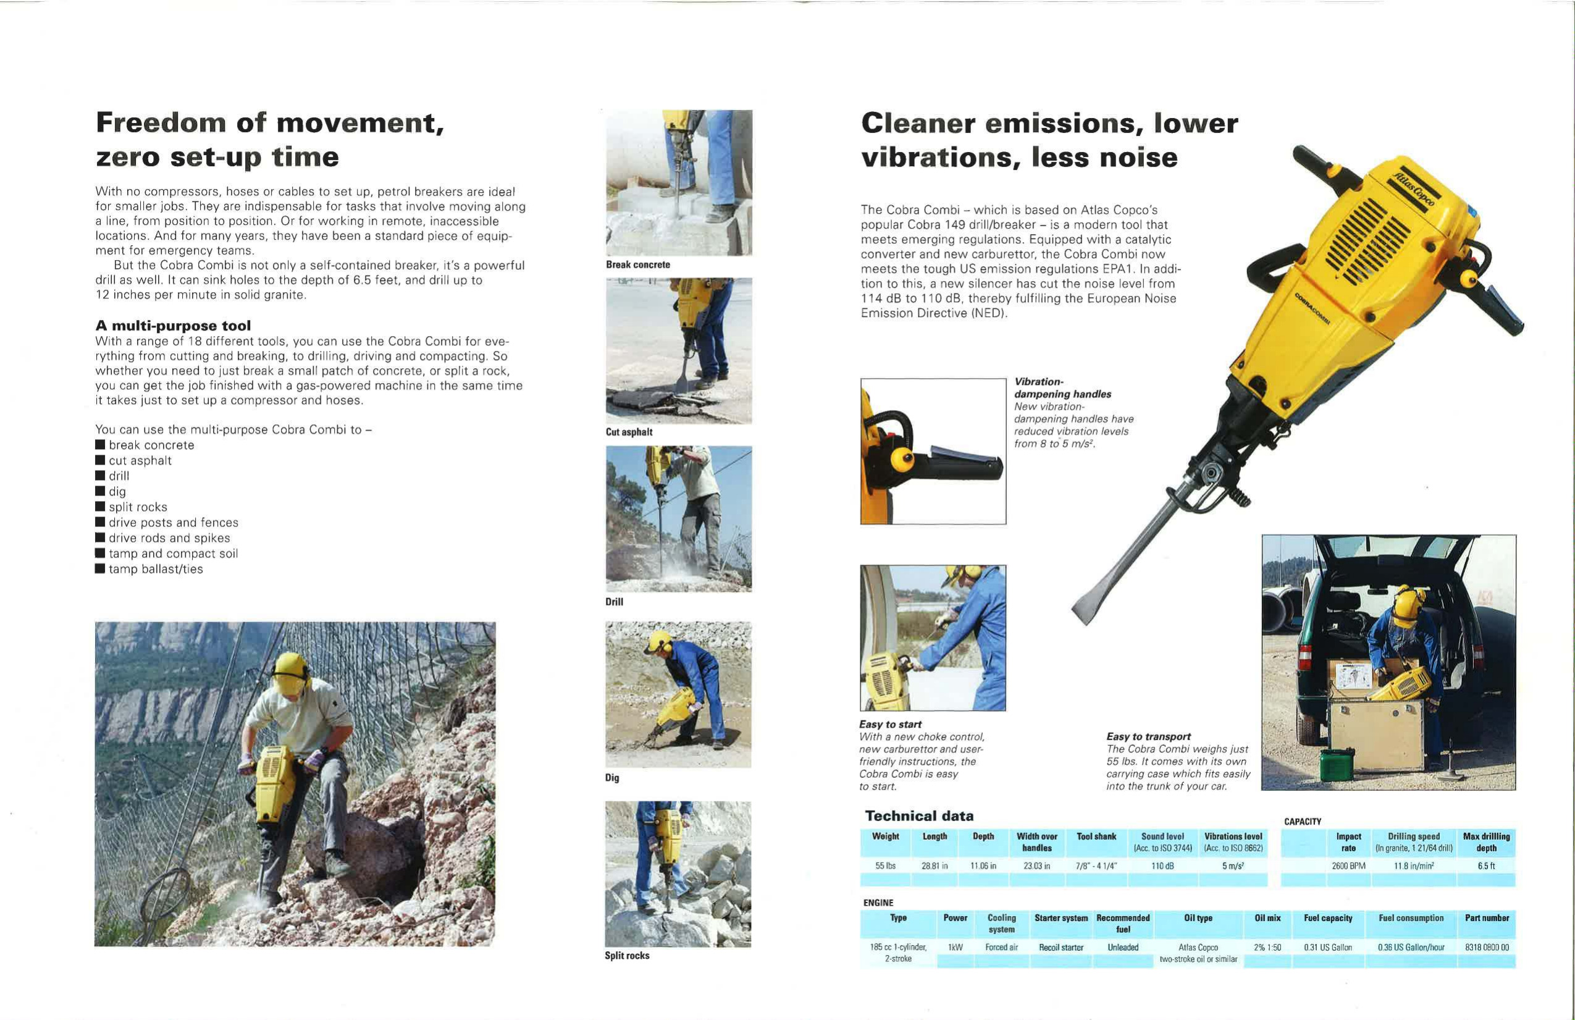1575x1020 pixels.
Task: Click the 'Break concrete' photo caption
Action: coord(637,265)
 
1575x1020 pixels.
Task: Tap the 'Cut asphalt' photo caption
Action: coord(629,432)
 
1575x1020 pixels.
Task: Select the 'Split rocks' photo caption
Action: coord(627,956)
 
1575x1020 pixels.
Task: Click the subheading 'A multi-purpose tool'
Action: coord(173,326)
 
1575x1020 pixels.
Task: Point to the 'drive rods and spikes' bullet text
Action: coord(169,538)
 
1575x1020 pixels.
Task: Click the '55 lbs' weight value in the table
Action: coord(884,866)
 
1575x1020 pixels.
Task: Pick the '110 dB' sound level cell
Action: coord(1162,866)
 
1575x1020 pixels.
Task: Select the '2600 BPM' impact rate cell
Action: coord(1348,866)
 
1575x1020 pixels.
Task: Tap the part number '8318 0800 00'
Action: coord(1486,947)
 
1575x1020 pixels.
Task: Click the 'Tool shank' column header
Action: coord(1096,837)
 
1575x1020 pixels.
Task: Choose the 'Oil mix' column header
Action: coord(1267,918)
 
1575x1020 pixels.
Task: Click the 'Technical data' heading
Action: coord(919,816)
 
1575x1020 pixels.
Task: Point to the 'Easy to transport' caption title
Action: coord(1148,736)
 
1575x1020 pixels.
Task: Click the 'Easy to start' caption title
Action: coord(890,725)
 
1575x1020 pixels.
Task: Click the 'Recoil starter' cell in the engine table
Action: coord(1061,947)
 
